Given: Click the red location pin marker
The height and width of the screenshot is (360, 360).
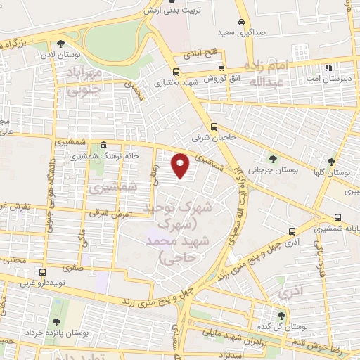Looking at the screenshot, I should click(181, 166).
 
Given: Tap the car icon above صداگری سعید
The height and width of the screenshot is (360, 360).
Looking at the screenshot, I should click(242, 22).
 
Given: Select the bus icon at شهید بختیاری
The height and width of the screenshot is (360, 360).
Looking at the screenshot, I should click(175, 72).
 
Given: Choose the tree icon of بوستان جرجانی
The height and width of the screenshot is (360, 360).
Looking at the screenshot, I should click(272, 159).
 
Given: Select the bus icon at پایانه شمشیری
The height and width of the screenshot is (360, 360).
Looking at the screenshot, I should click(339, 217).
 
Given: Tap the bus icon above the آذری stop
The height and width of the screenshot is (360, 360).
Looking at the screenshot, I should click(292, 231).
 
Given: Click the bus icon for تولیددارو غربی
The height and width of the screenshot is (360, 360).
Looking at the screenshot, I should click(43, 272).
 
